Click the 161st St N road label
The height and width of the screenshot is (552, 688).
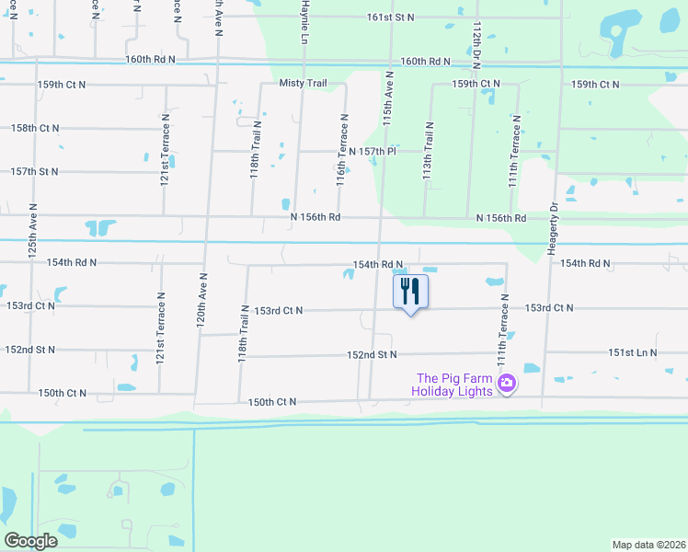pos(391,17)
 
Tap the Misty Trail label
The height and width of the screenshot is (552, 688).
pos(304,84)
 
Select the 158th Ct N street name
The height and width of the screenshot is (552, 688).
pos(36,128)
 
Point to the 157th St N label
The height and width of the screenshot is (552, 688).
pos(34,171)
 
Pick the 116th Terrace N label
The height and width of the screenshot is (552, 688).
pos(340,150)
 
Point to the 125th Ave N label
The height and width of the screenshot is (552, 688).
pos(32,231)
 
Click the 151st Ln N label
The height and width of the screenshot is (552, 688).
pos(633,352)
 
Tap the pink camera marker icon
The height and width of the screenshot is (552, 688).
pos(505,383)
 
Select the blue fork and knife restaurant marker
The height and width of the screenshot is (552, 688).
pos(410,293)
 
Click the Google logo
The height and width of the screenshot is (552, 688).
pos(30,541)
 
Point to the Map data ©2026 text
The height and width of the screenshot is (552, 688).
pos(648,545)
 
